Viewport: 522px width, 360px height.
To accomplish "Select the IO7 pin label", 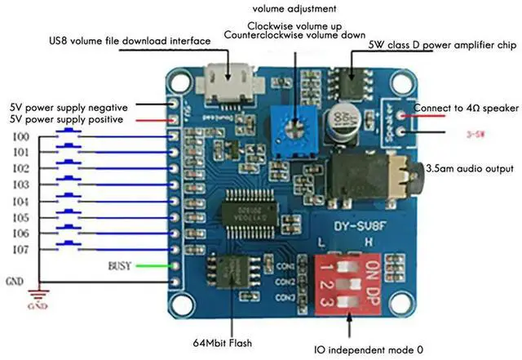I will click(20, 250).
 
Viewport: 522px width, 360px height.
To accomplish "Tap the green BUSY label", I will click(120, 266).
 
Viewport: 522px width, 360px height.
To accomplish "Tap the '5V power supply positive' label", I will click(66, 119).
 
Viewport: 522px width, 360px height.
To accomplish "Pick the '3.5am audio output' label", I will click(471, 169).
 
